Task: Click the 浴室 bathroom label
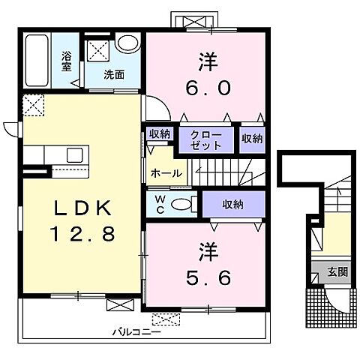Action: [x=67, y=61]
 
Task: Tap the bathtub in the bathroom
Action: [x=37, y=61]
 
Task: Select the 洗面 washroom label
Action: [x=114, y=75]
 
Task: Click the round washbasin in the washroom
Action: [x=128, y=43]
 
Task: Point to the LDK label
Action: [x=83, y=208]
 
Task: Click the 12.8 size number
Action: [x=82, y=233]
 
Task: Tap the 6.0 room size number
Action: [x=208, y=88]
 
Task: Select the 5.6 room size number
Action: [x=208, y=277]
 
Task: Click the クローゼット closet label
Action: [x=206, y=140]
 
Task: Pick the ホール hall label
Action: [x=166, y=173]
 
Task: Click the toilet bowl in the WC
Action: [x=181, y=205]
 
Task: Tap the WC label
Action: [x=160, y=205]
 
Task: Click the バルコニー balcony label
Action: [x=136, y=332]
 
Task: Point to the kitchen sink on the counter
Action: [x=74, y=155]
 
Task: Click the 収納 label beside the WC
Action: [x=233, y=205]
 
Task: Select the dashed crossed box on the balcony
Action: [x=166, y=319]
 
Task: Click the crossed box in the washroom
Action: [x=98, y=50]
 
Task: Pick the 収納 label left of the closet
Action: [x=160, y=134]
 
